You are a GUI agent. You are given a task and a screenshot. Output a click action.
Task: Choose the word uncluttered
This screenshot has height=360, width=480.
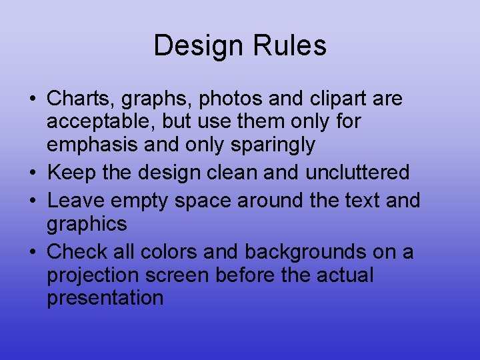click(357, 172)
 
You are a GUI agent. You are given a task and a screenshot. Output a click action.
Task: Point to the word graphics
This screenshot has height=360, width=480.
click(87, 224)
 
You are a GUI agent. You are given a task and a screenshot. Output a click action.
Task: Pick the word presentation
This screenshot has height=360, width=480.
click(105, 297)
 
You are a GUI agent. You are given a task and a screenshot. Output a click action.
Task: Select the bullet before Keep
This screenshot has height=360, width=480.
click(33, 173)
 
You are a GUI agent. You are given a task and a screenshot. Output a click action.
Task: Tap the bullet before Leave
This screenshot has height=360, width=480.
click(33, 201)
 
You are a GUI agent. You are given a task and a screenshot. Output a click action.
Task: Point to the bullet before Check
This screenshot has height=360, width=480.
click(33, 253)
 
